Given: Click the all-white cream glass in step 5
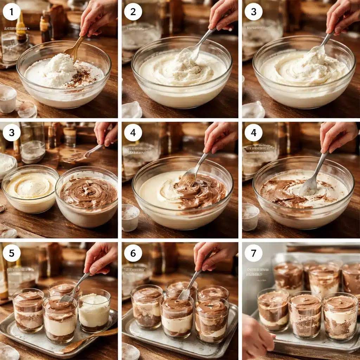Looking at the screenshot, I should [94, 309].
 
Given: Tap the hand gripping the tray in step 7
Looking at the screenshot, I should [257, 339].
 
